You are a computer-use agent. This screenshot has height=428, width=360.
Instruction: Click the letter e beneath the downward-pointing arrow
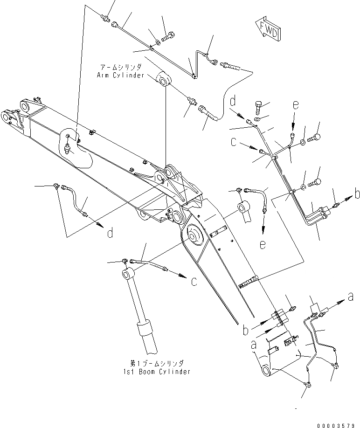tap(263, 244)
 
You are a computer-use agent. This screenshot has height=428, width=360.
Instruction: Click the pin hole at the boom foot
tap(266, 372)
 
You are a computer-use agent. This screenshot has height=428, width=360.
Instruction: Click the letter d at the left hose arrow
tap(111, 233)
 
